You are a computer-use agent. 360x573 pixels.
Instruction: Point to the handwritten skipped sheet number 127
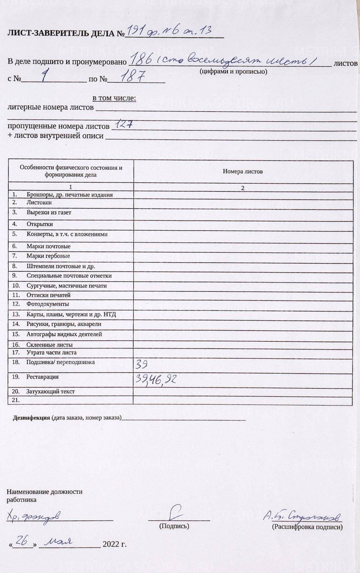pos(123,124)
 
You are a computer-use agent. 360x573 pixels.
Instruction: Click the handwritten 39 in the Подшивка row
pos(141,365)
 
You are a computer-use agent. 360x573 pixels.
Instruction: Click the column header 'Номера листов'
pos(243,171)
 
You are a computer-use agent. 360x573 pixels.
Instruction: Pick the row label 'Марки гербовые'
pos(48,256)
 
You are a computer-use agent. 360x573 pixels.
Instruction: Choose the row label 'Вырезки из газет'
pos(49,212)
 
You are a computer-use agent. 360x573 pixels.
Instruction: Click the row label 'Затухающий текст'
pos(50,391)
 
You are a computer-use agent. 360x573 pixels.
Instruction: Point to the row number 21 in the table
pos(16,400)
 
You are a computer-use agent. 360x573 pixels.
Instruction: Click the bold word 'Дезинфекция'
pos(31,418)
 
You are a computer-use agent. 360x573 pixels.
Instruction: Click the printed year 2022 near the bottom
pos(111,544)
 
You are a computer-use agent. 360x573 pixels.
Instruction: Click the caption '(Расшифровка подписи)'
pos(307,527)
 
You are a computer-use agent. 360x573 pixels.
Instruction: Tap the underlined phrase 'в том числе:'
pos(114,98)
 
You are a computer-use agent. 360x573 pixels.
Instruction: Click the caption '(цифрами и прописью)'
pos(233,72)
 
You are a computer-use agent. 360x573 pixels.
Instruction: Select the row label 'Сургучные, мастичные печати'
pos(67,285)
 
